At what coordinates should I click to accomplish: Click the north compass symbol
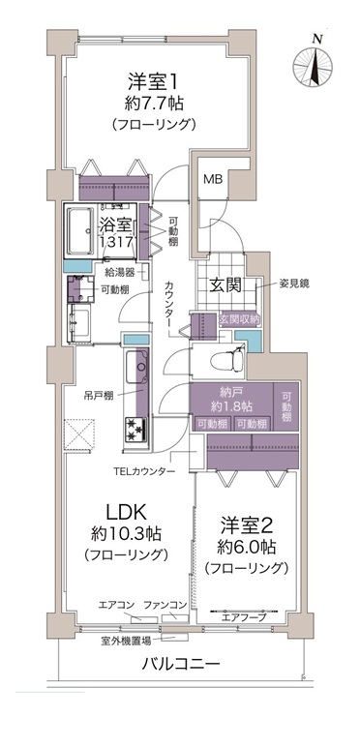point(313,66)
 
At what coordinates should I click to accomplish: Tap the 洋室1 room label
point(152,81)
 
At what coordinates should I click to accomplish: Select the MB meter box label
point(213,179)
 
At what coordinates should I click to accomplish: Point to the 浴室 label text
point(113,225)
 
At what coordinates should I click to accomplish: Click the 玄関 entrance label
point(226,285)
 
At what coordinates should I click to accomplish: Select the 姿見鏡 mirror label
point(295,284)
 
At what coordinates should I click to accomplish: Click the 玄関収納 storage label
point(239,319)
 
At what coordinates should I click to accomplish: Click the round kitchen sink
point(141,367)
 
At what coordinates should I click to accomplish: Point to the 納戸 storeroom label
point(231,393)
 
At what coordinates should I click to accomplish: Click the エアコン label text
point(112,606)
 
